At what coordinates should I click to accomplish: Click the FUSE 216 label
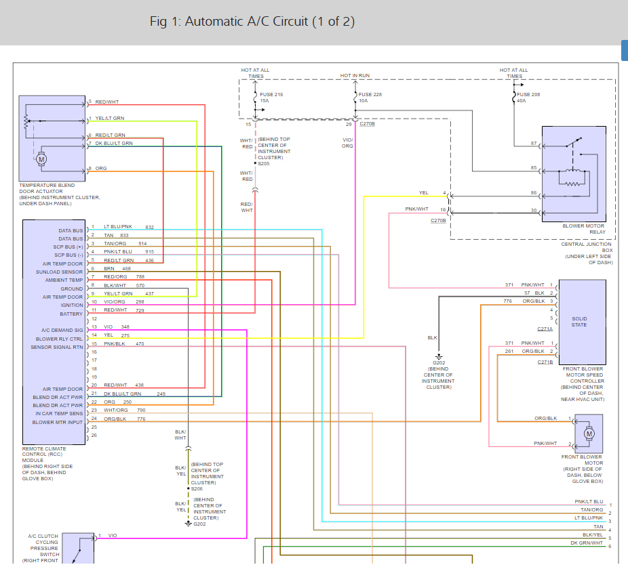(271, 94)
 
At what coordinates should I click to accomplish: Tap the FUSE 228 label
(370, 94)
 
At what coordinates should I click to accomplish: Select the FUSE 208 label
(528, 94)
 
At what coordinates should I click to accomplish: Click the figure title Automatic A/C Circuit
(252, 21)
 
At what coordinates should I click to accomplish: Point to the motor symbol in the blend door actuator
(41, 159)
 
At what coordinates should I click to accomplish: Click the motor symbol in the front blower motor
(589, 434)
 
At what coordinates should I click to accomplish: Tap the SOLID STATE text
(579, 322)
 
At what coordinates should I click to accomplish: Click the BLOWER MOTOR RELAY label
(584, 229)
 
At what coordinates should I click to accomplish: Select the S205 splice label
(264, 164)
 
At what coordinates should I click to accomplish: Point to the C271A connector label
(545, 329)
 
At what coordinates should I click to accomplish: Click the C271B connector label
(545, 362)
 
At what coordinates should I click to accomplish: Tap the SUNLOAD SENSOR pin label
(59, 272)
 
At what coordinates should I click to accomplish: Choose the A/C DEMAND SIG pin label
(62, 331)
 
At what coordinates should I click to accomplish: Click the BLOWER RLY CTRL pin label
(59, 339)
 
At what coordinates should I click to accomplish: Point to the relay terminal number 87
(534, 143)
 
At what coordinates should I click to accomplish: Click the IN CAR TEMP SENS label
(59, 414)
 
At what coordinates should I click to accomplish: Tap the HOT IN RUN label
(355, 76)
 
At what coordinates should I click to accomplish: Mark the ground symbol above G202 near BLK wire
(439, 356)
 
